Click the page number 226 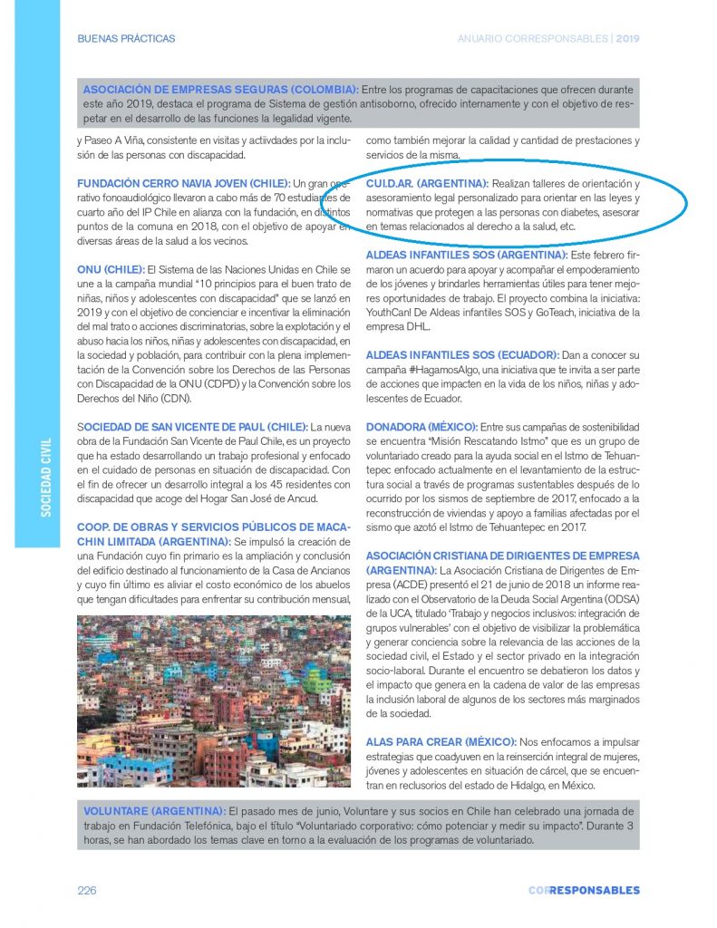tap(87, 890)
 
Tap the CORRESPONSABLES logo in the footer tap(584, 890)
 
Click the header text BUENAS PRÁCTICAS tap(127, 39)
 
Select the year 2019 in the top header tap(628, 39)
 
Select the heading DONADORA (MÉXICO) tap(421, 427)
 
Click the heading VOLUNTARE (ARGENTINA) tap(154, 808)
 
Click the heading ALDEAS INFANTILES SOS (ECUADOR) tap(461, 354)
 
